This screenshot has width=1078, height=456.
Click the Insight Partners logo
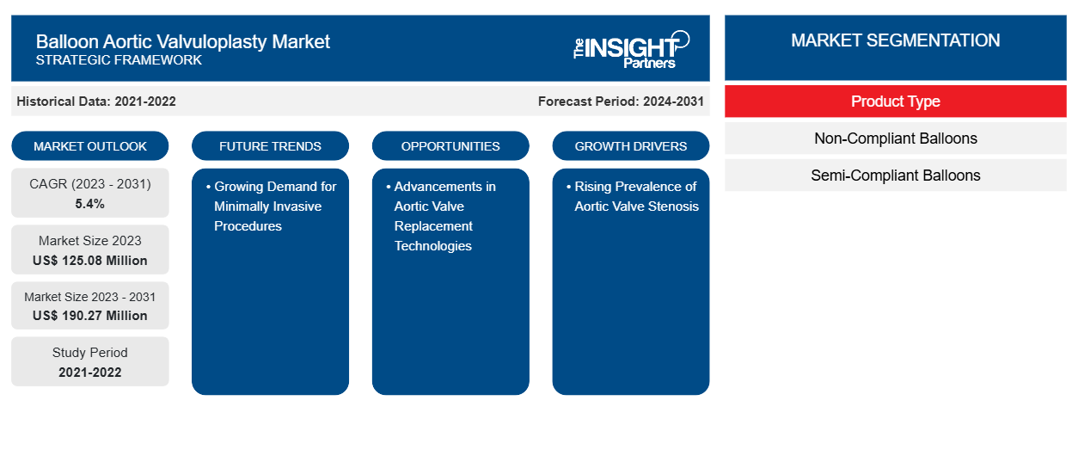click(631, 50)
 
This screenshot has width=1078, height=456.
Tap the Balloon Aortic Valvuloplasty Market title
click(183, 42)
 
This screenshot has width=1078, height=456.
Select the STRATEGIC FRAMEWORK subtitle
click(119, 60)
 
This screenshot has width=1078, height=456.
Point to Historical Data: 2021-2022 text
click(96, 102)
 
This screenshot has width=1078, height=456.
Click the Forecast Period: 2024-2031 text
click(621, 102)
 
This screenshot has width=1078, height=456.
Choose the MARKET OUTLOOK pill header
click(90, 146)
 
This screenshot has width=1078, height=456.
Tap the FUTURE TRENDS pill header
click(270, 146)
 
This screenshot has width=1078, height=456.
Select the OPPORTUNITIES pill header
click(450, 146)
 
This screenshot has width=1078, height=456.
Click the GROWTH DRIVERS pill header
click(630, 146)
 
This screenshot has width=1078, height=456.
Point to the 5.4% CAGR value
click(90, 204)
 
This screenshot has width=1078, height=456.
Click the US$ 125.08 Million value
click(90, 261)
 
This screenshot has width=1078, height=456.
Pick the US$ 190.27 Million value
click(90, 316)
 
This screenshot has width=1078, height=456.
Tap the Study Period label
click(90, 353)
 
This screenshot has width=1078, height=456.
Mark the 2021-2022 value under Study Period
click(90, 373)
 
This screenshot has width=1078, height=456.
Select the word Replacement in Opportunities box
click(433, 226)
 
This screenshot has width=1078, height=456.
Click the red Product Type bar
click(896, 102)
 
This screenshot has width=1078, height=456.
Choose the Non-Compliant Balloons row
click(896, 139)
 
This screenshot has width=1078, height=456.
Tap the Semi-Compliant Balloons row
click(896, 176)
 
